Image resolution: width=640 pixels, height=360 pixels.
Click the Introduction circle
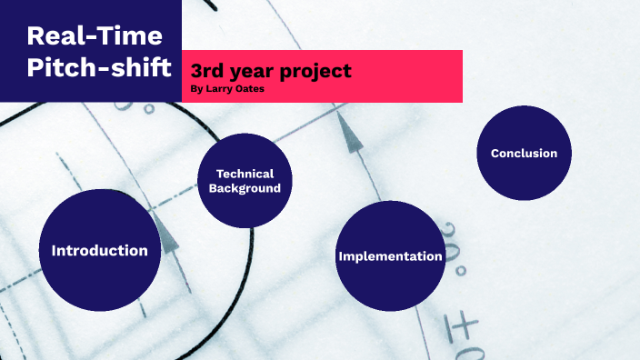[x=100, y=250]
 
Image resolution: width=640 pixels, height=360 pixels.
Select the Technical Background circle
[x=245, y=182]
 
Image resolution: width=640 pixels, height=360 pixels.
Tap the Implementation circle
[x=390, y=255]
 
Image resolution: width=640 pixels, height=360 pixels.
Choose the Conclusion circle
[x=524, y=153]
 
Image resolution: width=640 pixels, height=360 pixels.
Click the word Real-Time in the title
[x=95, y=36]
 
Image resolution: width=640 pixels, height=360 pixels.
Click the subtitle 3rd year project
[x=271, y=71]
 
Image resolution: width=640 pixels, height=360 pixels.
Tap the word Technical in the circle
[x=245, y=174]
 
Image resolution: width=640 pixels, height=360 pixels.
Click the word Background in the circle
[x=245, y=188]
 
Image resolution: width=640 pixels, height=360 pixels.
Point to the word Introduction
[x=100, y=250]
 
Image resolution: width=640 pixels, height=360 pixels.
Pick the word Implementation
[x=390, y=256]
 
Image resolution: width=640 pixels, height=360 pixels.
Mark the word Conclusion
[x=524, y=153]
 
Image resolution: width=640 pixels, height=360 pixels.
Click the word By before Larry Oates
[x=197, y=88]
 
